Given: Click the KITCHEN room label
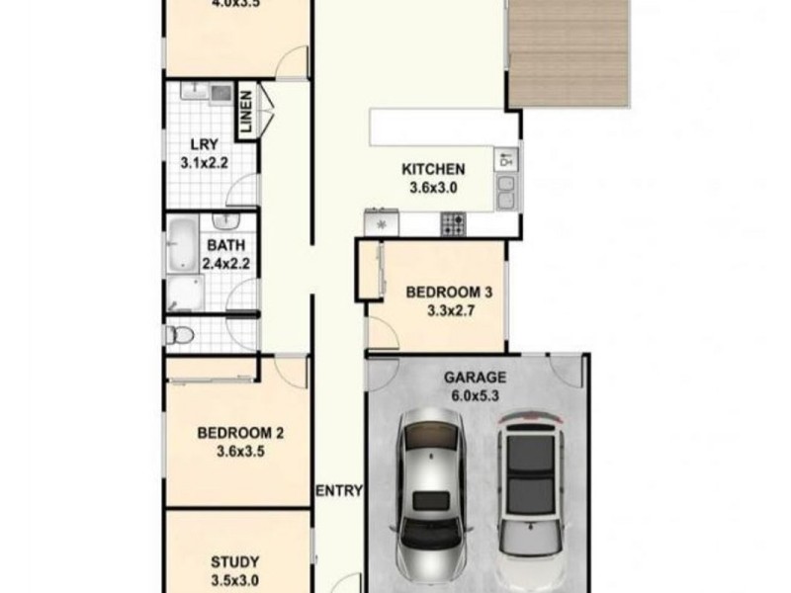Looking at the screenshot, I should (x=433, y=169).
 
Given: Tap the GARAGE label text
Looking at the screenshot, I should (x=474, y=377).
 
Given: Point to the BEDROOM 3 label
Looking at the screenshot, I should (x=450, y=292).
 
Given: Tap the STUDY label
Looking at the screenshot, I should (x=234, y=561).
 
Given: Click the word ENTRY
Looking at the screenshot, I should (x=339, y=491).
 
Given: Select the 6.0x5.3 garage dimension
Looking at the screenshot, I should (x=474, y=395).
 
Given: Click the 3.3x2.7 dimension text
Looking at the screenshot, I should (x=450, y=310).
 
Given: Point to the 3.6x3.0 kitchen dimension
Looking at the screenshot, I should (x=433, y=188).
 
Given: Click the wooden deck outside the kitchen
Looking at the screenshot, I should (x=567, y=54).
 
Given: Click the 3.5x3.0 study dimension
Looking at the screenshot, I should (x=234, y=580).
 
